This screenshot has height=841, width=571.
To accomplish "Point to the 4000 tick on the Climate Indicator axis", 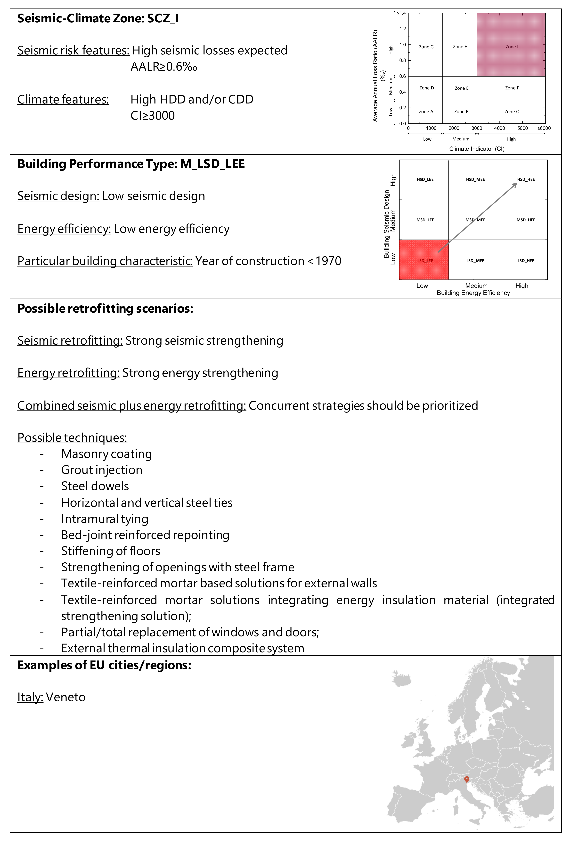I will click(x=499, y=128).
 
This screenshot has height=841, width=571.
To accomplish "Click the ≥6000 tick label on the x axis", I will click(x=544, y=128).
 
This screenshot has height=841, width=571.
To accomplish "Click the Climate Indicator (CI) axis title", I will click(x=477, y=149).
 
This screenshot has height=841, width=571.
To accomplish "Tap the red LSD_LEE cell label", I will click(x=425, y=261).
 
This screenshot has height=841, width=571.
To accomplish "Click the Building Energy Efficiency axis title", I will click(x=473, y=293).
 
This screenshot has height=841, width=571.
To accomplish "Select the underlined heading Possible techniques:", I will click(x=72, y=438).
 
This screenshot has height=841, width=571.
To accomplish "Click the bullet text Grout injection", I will click(x=102, y=470).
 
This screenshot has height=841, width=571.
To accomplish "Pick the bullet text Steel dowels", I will click(x=95, y=486).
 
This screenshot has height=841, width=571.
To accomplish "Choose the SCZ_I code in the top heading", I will click(x=163, y=18).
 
